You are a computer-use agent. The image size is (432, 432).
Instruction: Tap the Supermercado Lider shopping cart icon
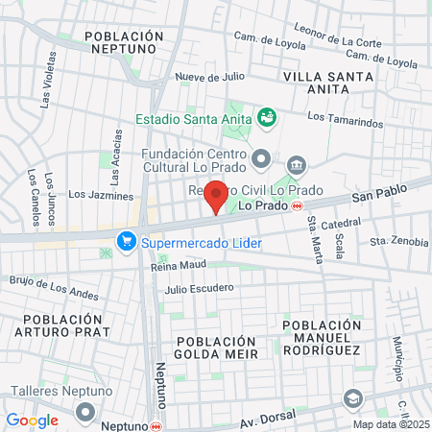coord(125,241)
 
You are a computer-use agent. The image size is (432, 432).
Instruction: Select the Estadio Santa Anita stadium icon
coord(268,119)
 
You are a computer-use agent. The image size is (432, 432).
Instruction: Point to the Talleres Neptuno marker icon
coord(86,412)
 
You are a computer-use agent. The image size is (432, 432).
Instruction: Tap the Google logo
coord(32,420)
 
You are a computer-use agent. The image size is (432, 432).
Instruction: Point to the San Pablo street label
coord(373,195)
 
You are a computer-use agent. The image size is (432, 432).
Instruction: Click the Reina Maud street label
coord(179,264)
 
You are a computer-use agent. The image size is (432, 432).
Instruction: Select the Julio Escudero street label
coord(199,288)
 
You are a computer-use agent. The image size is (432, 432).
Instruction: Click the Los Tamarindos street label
coord(345,119)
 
